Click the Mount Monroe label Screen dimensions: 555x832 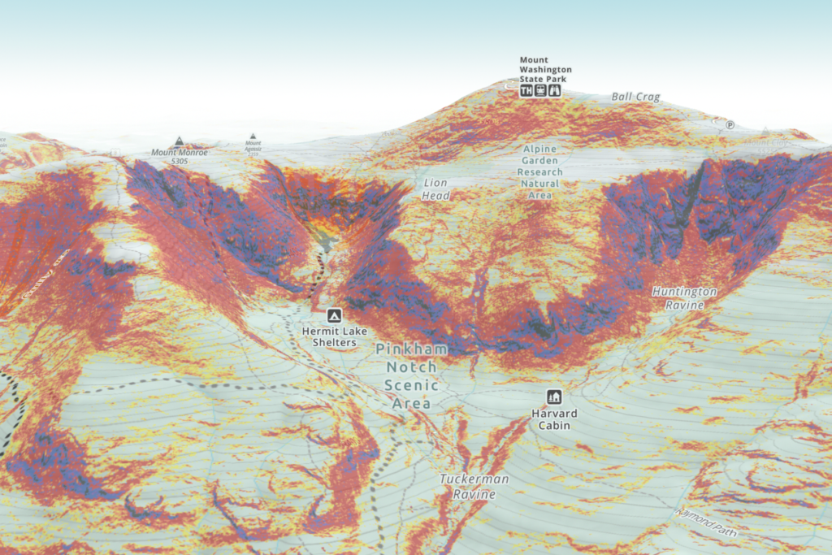click(180, 152)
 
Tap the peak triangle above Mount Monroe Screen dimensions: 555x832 click(179, 141)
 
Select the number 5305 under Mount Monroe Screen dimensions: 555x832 click(180, 162)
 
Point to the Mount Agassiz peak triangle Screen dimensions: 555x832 click(253, 137)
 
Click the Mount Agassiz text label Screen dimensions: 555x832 click(253, 146)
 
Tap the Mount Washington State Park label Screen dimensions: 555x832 click(545, 69)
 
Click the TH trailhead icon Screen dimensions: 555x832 click(526, 91)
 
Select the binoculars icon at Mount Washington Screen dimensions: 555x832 click(555, 91)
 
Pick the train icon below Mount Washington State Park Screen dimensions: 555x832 click(540, 91)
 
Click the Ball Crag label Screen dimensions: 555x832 click(635, 98)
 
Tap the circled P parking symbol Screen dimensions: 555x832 click(730, 125)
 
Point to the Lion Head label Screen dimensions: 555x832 click(435, 189)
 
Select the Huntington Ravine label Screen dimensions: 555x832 click(684, 297)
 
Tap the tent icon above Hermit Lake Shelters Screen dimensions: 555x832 click(333, 315)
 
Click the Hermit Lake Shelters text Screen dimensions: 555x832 click(329, 336)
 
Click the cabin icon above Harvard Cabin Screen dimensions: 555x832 click(555, 397)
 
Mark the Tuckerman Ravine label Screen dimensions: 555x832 click(474, 486)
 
